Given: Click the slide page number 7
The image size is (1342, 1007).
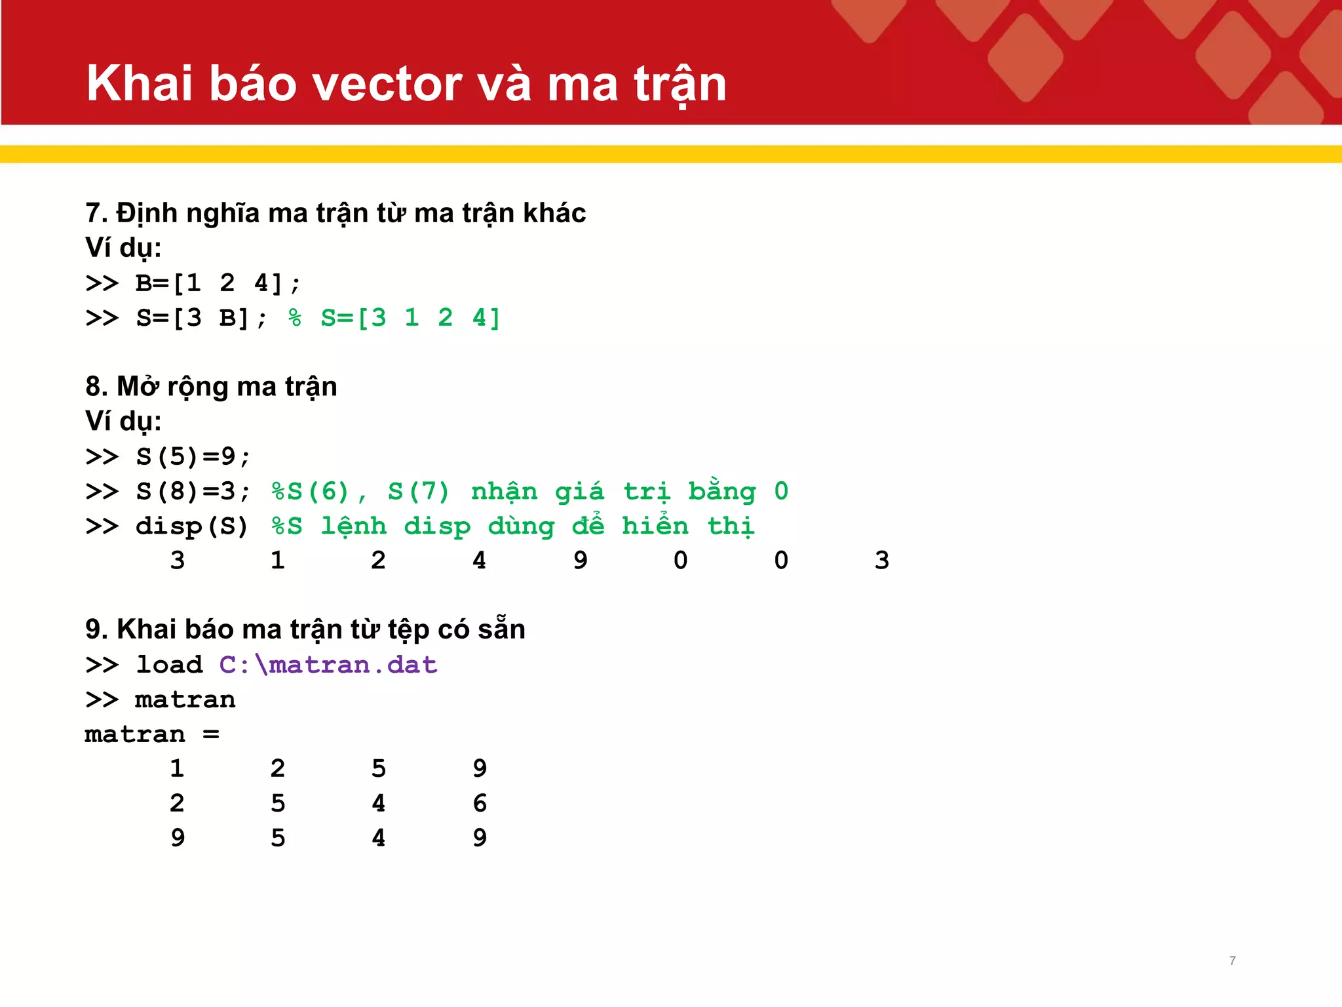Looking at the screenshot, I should (1233, 960).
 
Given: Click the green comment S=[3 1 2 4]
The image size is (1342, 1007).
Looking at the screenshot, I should (410, 318).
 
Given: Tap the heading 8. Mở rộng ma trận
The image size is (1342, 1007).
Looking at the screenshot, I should (211, 387).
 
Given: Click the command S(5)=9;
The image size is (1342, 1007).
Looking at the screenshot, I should (193, 456).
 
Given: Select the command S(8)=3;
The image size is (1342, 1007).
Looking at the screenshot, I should (193, 491).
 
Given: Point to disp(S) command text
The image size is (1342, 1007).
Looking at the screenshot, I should (191, 526).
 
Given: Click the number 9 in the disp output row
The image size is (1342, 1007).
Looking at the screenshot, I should (580, 561).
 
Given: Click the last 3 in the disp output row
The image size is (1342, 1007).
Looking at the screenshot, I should (881, 561).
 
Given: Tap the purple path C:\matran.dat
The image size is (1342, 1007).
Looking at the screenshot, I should (328, 665).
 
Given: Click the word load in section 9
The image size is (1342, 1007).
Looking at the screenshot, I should (169, 665).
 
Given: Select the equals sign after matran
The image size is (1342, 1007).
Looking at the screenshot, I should (211, 734).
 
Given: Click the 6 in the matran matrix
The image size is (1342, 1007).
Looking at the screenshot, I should (480, 803).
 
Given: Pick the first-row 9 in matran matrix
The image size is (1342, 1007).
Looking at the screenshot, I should (480, 768).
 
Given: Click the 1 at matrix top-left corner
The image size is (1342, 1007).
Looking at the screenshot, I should (177, 768).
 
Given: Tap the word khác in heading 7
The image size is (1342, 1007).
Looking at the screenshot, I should (554, 214).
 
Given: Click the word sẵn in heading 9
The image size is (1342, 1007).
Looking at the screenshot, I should (501, 629).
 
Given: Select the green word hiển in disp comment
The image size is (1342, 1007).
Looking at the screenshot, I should (655, 526).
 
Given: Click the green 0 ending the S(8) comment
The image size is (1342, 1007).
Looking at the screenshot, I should (781, 491).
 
